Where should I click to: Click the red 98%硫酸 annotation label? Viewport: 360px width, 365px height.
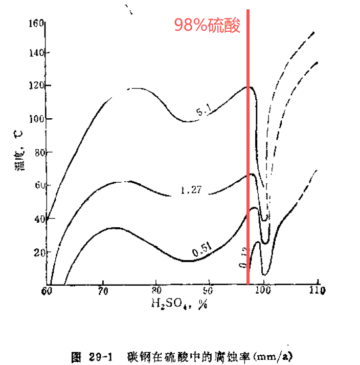207,25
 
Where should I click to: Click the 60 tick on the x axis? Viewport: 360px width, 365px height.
47,292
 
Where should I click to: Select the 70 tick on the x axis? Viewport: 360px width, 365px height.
103,292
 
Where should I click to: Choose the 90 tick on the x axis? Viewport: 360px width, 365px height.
209,292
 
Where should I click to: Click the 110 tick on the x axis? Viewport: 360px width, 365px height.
318,292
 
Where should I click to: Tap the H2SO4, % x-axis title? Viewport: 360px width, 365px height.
178,304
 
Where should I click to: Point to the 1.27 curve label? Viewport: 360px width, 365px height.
191,190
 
